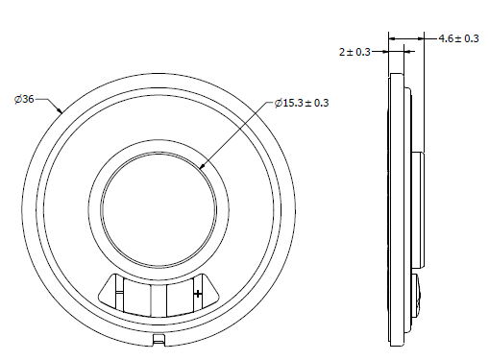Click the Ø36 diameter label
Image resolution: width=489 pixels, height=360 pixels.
coord(24,99)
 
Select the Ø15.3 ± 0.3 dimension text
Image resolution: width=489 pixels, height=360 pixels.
coord(302,103)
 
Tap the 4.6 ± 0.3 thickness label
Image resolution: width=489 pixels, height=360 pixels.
coord(458,38)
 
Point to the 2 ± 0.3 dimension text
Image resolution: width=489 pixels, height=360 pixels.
coord(355,52)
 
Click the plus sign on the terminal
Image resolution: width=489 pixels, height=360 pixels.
coord(198,293)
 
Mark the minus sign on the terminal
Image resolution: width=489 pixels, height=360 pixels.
coord(119,292)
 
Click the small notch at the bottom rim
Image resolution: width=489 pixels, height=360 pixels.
coord(159,339)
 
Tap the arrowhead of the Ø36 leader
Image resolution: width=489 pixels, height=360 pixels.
coord(60,110)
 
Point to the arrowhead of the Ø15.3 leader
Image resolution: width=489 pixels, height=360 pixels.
coord(203,165)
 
